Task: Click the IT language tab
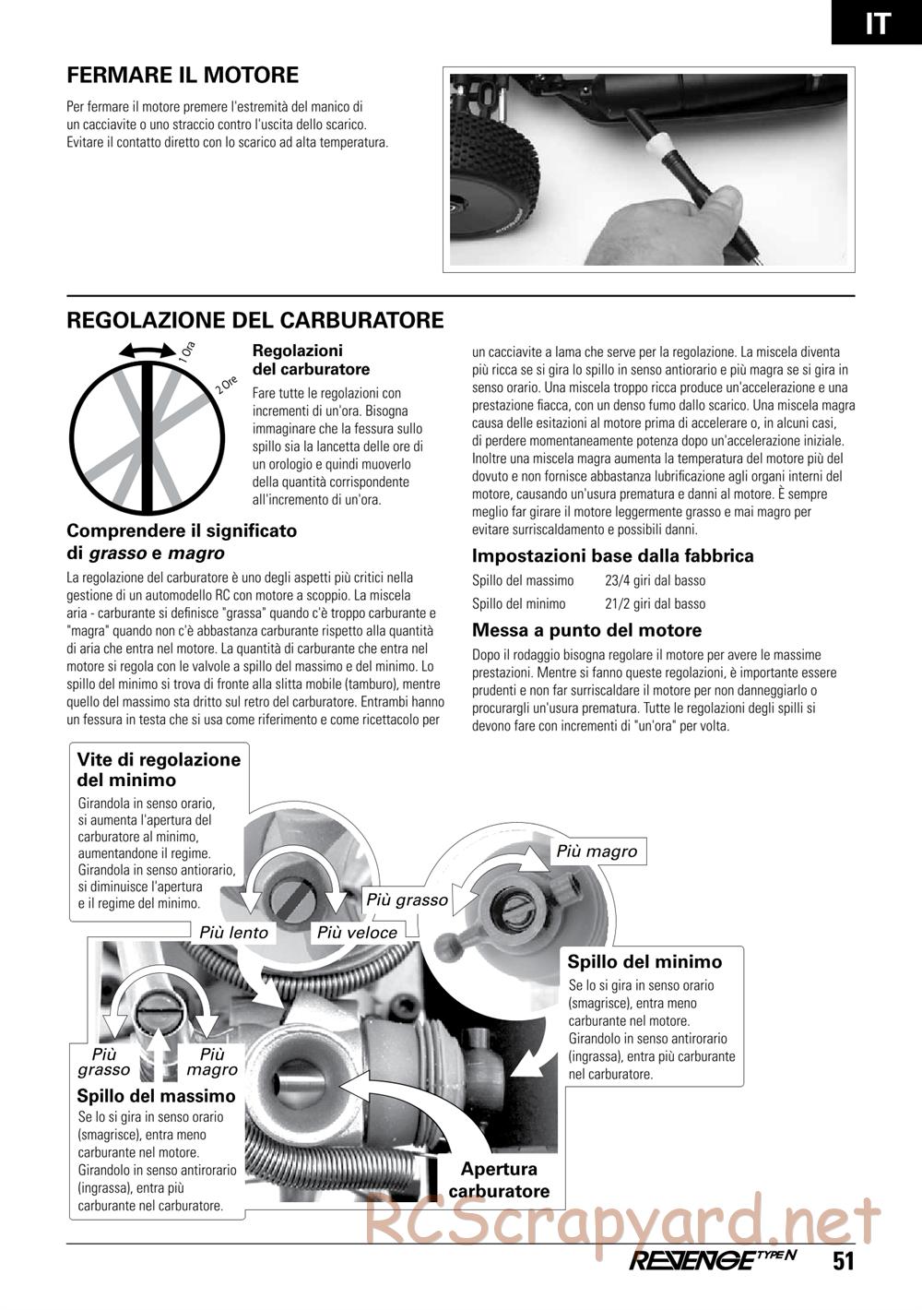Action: click(877, 22)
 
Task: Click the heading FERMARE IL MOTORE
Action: click(183, 76)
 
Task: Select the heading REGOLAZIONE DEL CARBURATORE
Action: click(255, 320)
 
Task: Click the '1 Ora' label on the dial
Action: click(187, 351)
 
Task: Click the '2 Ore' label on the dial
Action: click(227, 386)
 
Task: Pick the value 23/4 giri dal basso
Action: click(655, 581)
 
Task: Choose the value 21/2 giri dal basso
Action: click(655, 604)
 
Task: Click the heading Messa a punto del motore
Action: click(586, 631)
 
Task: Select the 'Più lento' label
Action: click(234, 933)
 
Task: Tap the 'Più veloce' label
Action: click(357, 933)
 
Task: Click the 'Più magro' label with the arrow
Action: click(597, 851)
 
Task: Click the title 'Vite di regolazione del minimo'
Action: click(159, 769)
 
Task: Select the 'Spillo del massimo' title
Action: click(156, 1096)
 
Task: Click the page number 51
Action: click(844, 1261)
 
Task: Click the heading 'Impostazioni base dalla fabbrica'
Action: click(612, 556)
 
